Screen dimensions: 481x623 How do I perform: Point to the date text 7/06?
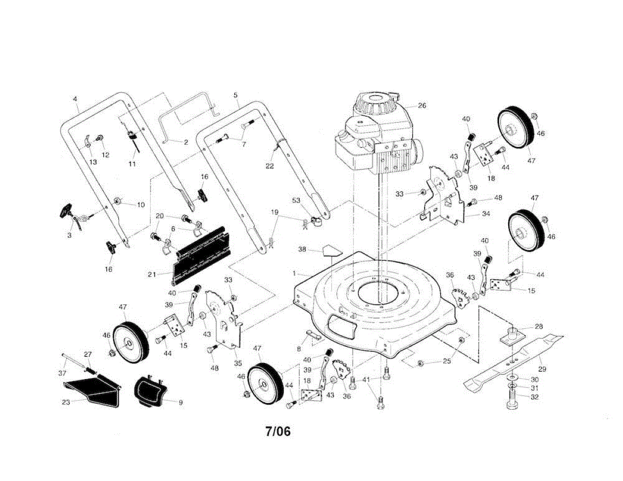click(x=278, y=431)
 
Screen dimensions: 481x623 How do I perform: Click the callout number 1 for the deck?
click(x=294, y=273)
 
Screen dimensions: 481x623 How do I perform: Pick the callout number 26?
click(x=422, y=106)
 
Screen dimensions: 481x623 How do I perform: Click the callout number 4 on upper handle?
click(x=75, y=98)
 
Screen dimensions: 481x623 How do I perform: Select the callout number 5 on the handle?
click(x=235, y=95)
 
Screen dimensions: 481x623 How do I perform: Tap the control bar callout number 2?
click(x=185, y=141)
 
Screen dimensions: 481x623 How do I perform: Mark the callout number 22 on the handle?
click(x=269, y=166)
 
